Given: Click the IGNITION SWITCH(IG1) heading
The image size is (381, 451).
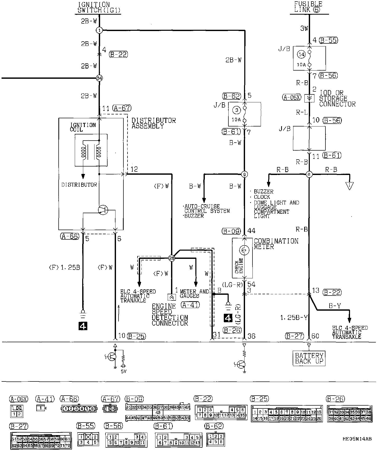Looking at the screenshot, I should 99,8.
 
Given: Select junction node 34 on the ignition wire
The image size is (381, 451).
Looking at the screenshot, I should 99,78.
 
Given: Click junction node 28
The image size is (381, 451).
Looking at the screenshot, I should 172,258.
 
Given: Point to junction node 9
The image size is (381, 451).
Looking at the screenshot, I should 245,174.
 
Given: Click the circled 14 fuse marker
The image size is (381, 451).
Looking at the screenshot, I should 302,54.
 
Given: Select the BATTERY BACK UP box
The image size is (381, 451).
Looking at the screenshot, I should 309,358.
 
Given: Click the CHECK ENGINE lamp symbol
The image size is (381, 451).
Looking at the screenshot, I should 244,250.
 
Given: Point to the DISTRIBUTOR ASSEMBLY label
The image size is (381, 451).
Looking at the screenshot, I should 153,123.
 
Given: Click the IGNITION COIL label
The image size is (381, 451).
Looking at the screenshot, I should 83,127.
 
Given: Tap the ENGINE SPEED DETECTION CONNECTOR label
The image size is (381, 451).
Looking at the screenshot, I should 170,315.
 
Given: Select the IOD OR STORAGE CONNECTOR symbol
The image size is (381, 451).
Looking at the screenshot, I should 309,98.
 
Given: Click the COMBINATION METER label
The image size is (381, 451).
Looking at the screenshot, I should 276,244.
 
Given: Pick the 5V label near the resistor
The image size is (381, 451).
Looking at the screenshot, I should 124,371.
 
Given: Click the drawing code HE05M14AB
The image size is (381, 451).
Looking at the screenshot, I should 357,439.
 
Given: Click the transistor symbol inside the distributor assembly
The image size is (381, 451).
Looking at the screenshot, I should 103,210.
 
